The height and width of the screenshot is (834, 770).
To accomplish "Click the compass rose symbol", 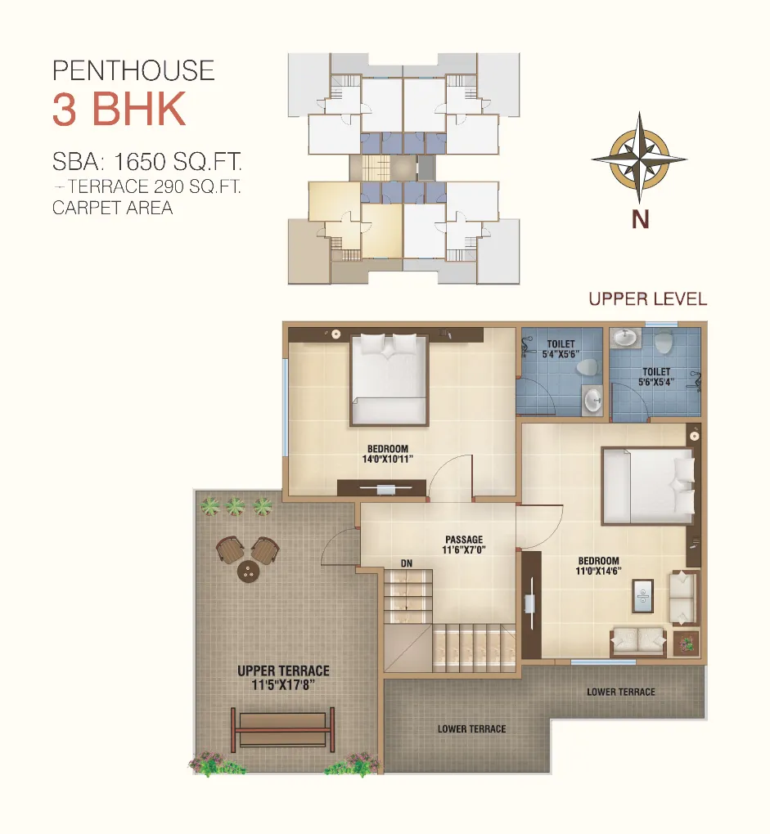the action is click(639, 159).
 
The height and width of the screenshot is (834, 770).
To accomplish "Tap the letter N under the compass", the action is click(640, 219).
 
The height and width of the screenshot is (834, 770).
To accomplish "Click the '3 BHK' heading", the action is click(119, 109).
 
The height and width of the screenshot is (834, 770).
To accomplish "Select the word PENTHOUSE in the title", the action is click(133, 71).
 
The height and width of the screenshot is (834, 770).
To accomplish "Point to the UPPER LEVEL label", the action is click(647, 299).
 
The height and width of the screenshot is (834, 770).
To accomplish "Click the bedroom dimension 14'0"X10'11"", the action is click(387, 459).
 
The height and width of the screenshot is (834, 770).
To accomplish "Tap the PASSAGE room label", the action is click(464, 540).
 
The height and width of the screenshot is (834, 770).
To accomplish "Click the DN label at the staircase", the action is click(407, 563).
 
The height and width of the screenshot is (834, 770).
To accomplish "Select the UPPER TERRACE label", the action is click(284, 670).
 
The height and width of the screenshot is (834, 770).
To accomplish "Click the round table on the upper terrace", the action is click(247, 572).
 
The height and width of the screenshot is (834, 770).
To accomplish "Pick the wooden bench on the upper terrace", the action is click(282, 729).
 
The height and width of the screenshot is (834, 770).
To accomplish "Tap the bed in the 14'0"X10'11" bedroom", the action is click(390, 379).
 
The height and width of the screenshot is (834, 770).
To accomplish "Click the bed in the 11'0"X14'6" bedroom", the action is click(648, 486).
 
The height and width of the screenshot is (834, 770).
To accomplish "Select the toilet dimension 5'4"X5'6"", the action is click(561, 354).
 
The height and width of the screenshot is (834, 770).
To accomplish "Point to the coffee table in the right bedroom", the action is click(642, 595).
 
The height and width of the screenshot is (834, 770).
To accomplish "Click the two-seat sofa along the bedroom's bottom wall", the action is click(638, 642).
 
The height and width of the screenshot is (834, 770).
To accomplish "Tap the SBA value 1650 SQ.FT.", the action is click(178, 161).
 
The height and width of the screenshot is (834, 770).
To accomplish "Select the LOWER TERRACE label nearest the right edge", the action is click(621, 692).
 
